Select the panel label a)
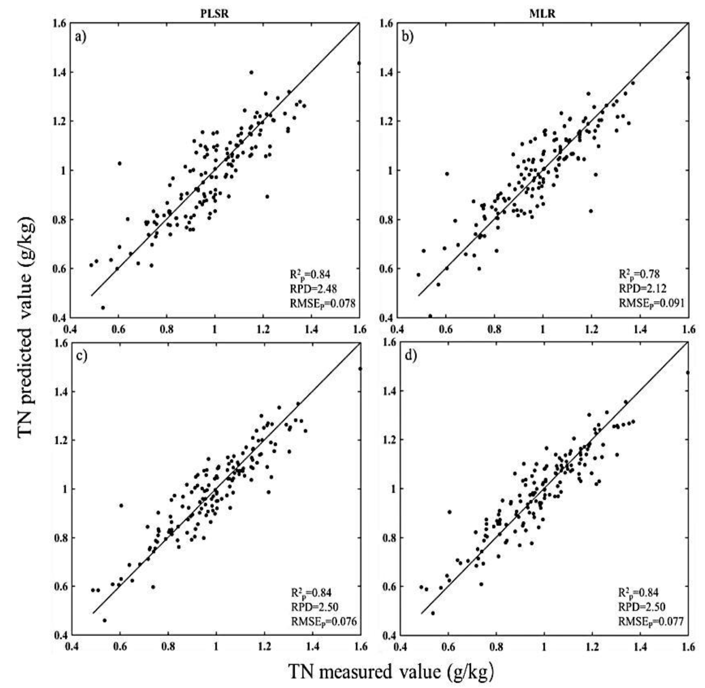[81, 37]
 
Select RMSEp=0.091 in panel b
[651, 303]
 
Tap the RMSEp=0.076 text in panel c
[324, 621]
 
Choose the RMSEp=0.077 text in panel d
[651, 621]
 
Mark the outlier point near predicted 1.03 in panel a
[119, 163]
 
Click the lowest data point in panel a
[103, 307]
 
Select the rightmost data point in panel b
[688, 78]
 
